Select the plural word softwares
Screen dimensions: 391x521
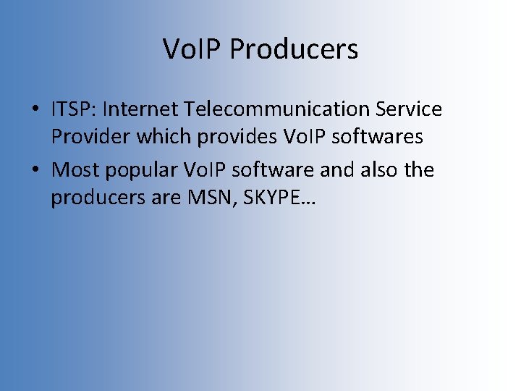(x=377, y=136)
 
